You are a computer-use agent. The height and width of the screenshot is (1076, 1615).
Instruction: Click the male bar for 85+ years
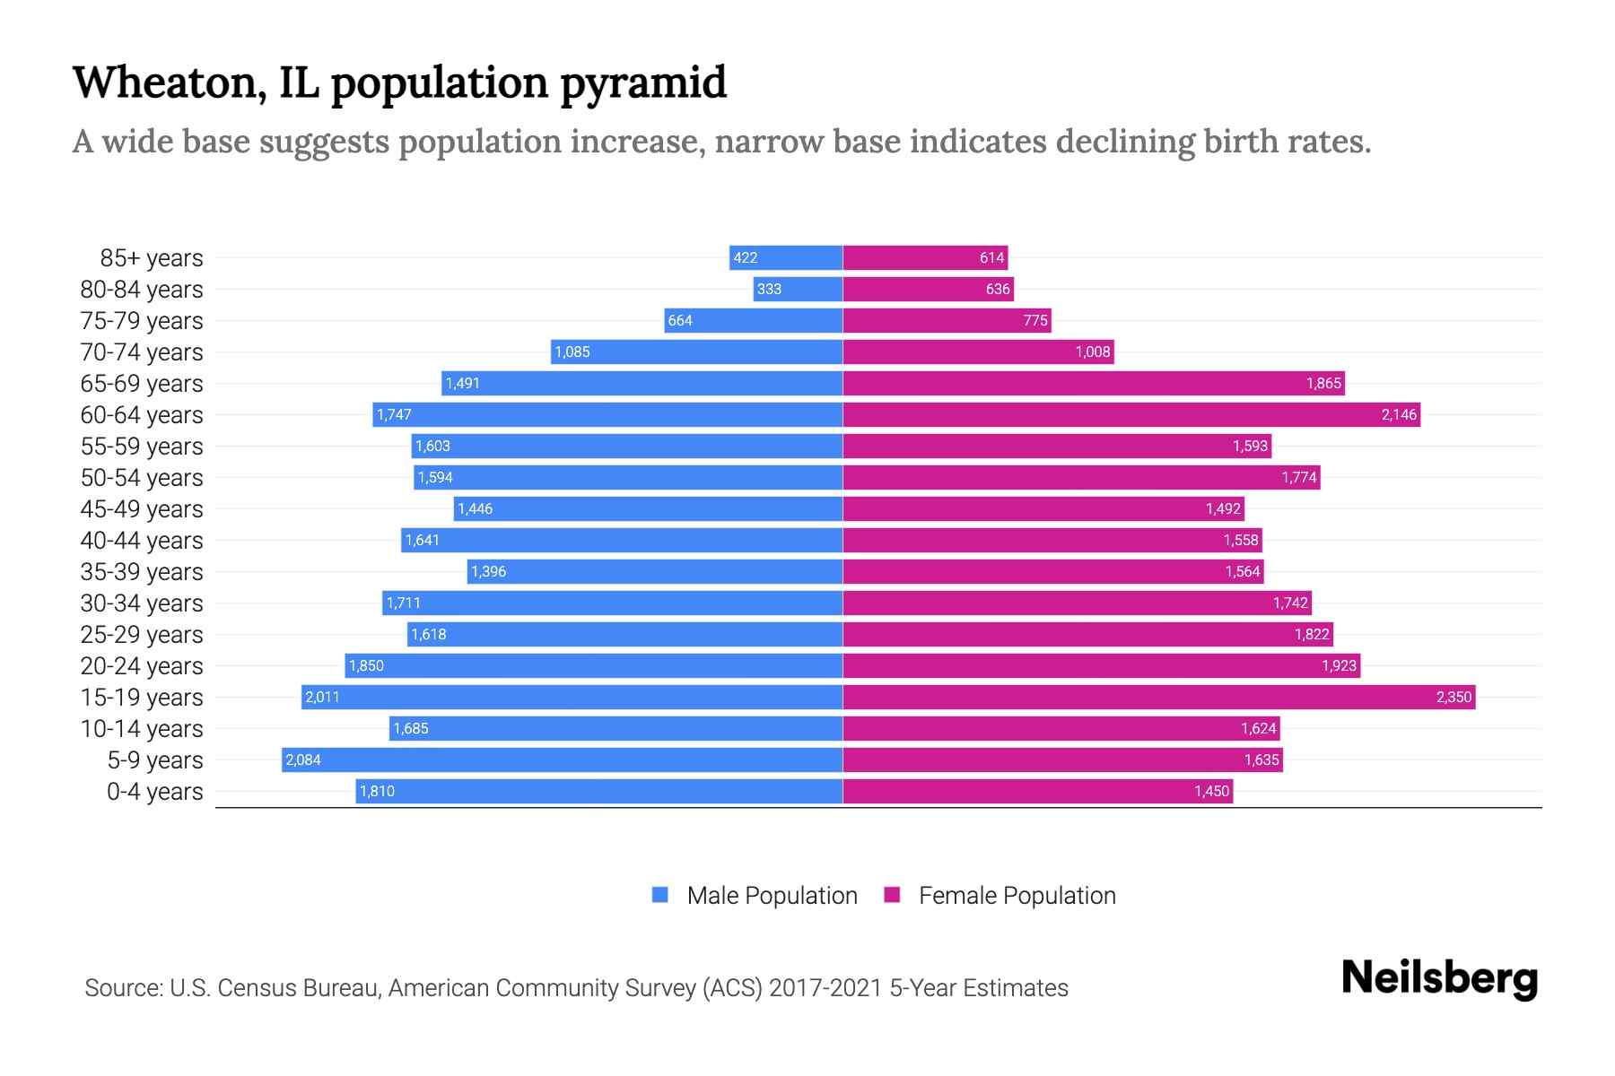[x=786, y=258]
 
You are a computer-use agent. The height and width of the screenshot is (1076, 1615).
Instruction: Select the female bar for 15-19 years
[x=1157, y=698]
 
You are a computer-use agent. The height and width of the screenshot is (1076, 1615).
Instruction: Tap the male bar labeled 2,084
[x=562, y=760]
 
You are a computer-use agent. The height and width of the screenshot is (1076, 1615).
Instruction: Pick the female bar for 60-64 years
[x=1130, y=415]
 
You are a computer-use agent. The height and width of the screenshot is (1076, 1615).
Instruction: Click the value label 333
[x=769, y=290]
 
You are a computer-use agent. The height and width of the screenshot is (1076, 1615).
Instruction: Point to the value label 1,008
[x=1093, y=352]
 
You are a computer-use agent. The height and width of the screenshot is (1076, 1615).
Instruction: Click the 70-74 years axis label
[x=142, y=352]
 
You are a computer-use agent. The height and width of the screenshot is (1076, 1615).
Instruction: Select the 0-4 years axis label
[x=154, y=792]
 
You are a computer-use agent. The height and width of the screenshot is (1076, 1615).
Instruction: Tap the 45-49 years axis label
[x=142, y=509]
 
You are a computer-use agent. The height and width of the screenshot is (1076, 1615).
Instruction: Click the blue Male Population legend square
[x=660, y=895]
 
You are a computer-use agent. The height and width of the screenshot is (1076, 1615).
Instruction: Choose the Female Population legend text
[x=1017, y=896]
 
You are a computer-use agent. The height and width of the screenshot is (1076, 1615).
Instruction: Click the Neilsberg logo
[x=1439, y=978]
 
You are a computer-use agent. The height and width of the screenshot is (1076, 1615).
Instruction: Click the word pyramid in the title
[x=643, y=83]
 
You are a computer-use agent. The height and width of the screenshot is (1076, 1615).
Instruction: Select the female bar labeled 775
[x=947, y=321]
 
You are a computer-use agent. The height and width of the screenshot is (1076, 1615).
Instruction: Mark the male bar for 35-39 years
[x=655, y=572]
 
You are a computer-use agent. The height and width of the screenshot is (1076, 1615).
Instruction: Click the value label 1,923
[x=1339, y=666]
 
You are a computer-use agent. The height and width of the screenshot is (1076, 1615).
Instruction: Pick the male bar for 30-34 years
[x=613, y=603]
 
